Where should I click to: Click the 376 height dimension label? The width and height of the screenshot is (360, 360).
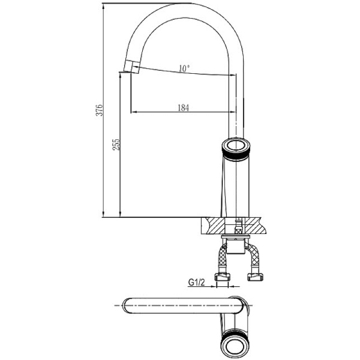100,110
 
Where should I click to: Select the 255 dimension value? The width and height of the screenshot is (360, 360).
116,145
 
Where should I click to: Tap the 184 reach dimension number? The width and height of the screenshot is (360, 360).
183,107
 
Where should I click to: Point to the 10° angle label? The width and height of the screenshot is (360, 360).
184,68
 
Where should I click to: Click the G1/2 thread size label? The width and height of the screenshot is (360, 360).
196,282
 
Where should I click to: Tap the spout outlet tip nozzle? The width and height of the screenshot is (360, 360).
132,67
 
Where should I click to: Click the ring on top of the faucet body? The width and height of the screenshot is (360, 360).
236,146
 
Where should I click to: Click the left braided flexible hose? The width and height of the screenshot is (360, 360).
223,257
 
